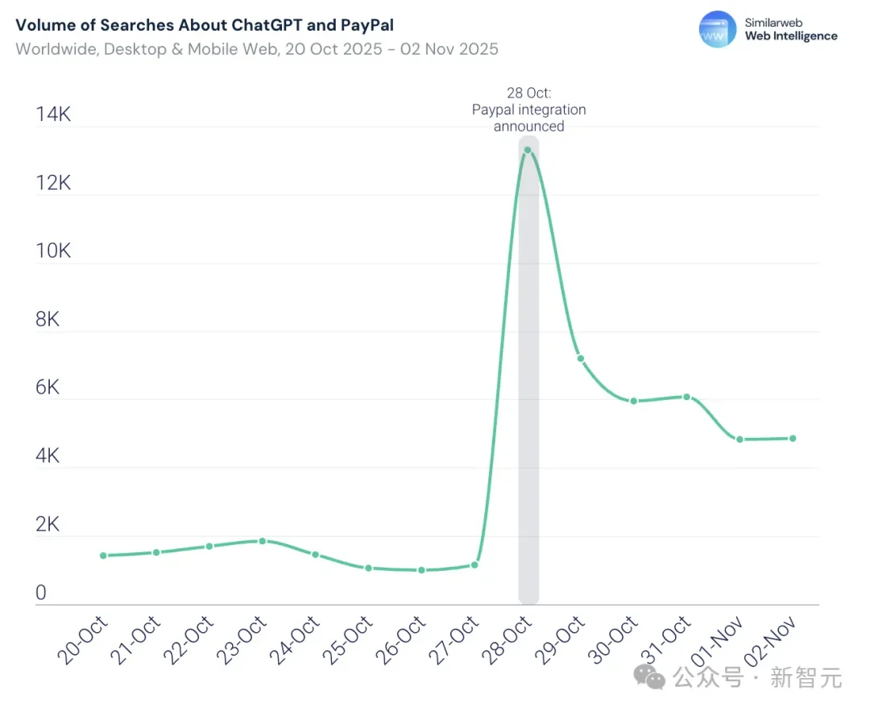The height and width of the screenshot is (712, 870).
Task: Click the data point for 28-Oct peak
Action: [x=528, y=150]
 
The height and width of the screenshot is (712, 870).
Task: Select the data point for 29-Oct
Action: [x=580, y=358]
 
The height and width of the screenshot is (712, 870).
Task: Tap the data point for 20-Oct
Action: [x=103, y=556]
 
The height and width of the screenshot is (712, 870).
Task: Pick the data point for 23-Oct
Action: [x=262, y=541]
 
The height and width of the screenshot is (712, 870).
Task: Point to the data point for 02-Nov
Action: [x=793, y=439]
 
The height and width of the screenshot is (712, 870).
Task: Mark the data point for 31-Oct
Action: [x=686, y=397]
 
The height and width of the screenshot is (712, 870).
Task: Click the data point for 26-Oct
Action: [x=421, y=570]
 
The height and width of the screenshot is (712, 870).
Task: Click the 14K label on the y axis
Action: [x=53, y=115]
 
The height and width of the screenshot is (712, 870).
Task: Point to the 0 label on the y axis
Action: [x=41, y=593]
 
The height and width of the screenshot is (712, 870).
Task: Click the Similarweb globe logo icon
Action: [x=717, y=29]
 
